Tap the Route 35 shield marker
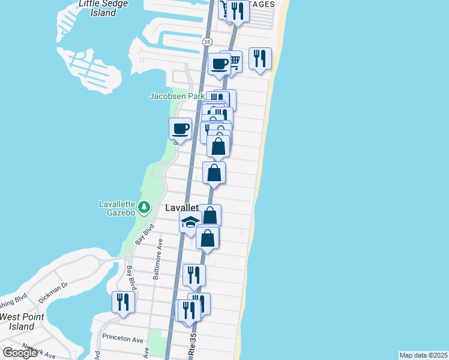click(x=207, y=42)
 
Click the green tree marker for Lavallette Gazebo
click(x=144, y=208)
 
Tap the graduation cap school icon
click(x=190, y=222)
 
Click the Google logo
click(x=20, y=353)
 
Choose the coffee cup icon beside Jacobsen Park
click(x=181, y=128)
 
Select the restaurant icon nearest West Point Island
click(x=123, y=301)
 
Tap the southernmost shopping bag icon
click(x=207, y=237)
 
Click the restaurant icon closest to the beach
click(x=260, y=58)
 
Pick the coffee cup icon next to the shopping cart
click(x=219, y=64)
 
